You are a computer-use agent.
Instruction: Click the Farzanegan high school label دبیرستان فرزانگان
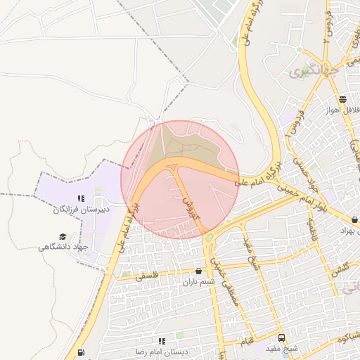tap(79, 210)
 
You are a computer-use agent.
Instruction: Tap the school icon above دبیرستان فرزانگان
tap(81, 199)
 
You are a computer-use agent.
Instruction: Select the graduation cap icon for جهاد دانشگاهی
tap(63, 237)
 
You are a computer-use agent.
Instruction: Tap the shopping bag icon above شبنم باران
tap(198, 271)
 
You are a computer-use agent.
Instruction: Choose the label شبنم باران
tap(198, 282)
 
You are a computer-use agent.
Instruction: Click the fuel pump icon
tap(82, 352)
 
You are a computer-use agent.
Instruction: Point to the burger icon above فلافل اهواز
tap(342, 99)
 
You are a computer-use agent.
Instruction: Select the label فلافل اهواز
tap(342, 110)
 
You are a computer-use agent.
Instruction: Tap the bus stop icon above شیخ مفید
tap(281, 337)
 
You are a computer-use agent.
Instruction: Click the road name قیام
tap(249, 340)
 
